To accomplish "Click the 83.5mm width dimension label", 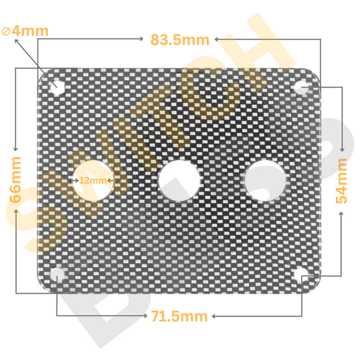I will click(179, 40).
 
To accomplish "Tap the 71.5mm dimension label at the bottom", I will click(179, 317).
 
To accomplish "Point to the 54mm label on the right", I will click(342, 180).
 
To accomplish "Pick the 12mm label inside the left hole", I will click(93, 180).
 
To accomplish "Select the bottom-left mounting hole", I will click(57, 274).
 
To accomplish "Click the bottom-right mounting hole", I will click(302, 275).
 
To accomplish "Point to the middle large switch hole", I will click(179, 180).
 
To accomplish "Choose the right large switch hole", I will click(266, 180).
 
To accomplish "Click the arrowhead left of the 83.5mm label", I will click(142, 39).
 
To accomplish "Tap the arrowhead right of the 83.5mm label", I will click(217, 39).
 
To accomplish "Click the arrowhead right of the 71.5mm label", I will click(215, 316).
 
